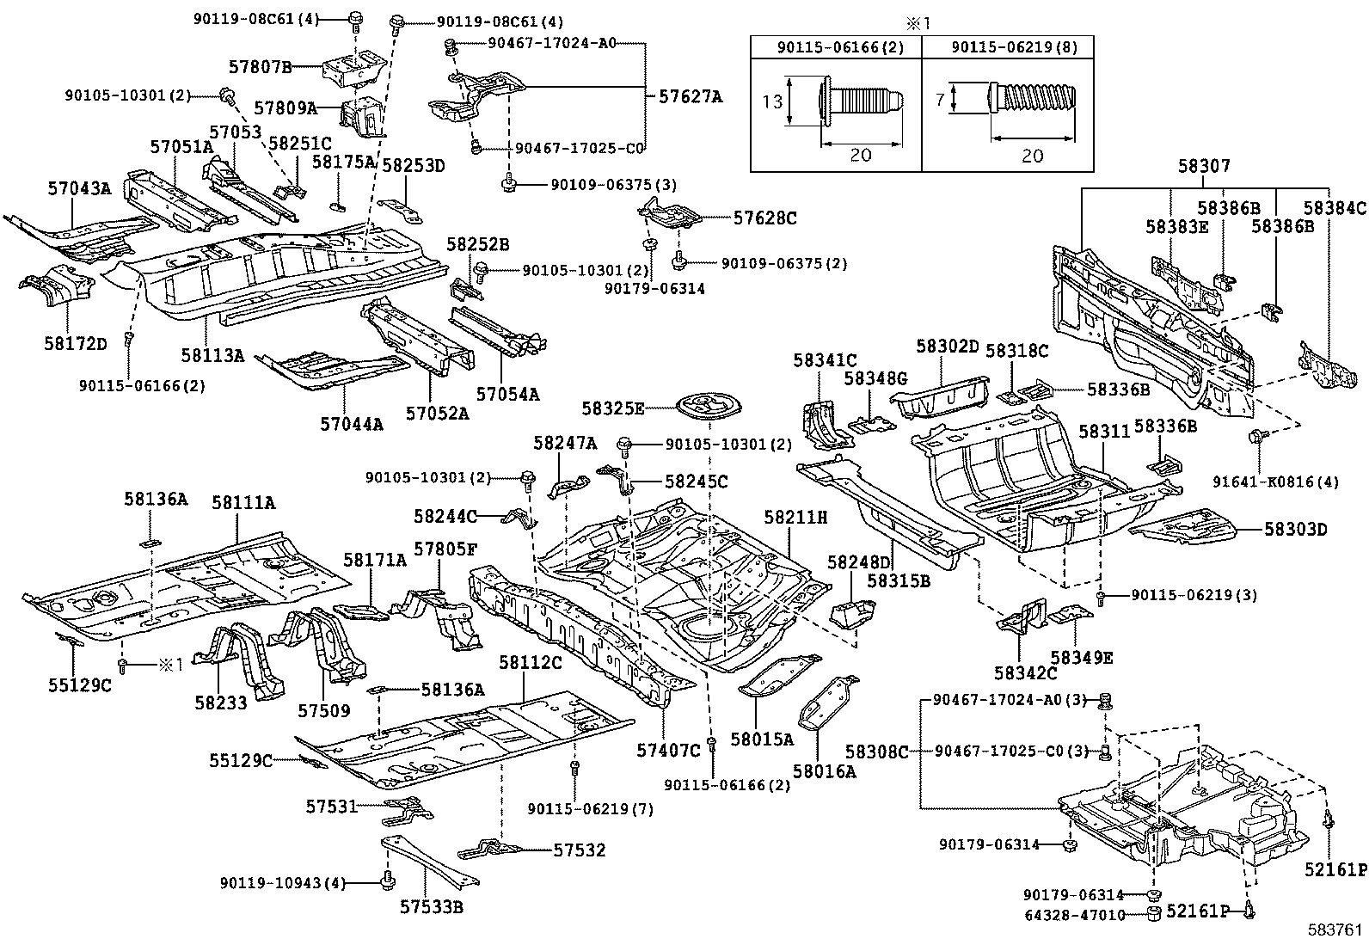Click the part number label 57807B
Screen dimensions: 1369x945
pos(261,66)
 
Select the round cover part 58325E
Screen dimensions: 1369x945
pos(709,407)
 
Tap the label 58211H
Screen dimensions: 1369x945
pos(795,517)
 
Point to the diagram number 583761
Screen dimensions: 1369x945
pos(1335,930)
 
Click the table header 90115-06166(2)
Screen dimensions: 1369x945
pos(840,47)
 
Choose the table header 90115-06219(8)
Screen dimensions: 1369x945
pos(1015,47)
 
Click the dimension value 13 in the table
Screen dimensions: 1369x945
pos(772,101)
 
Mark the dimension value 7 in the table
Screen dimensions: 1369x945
pos(940,99)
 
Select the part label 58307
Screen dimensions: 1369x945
pos(1204,166)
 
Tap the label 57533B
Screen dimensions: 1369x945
pos(432,906)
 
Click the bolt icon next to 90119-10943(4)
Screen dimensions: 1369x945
pos(387,881)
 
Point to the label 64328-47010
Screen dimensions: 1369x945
pos(1075,915)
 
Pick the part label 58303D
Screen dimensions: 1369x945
pos(1296,529)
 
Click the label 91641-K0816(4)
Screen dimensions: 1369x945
pos(1275,482)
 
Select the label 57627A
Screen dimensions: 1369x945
pos(691,96)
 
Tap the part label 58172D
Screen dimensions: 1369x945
pos(75,344)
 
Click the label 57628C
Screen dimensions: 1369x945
pos(765,218)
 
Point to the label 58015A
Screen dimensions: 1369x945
pos(762,739)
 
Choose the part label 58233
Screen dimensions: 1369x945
pos(221,703)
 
